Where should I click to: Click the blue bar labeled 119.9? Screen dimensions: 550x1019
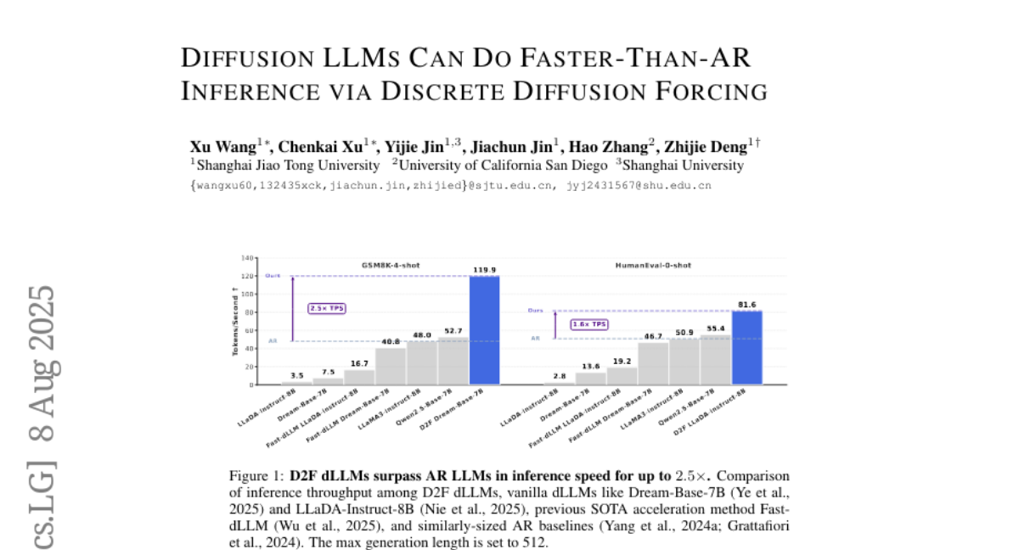click(x=485, y=329)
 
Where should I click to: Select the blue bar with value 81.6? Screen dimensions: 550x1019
click(x=747, y=347)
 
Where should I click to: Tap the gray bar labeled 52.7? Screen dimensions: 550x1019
click(x=453, y=361)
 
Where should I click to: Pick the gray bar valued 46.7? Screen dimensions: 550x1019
click(x=653, y=363)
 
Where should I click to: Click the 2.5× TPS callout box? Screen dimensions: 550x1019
click(x=327, y=308)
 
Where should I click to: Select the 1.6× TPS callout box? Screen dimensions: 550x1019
click(x=589, y=324)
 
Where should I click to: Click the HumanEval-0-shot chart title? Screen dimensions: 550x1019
click(x=653, y=266)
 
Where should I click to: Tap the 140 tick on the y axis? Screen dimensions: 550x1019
click(x=248, y=257)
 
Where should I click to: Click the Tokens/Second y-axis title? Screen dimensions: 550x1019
click(x=235, y=321)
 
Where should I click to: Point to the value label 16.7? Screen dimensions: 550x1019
click(x=359, y=362)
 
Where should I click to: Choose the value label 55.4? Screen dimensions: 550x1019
click(x=716, y=328)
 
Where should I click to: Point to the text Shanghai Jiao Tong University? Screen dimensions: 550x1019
click(x=288, y=166)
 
